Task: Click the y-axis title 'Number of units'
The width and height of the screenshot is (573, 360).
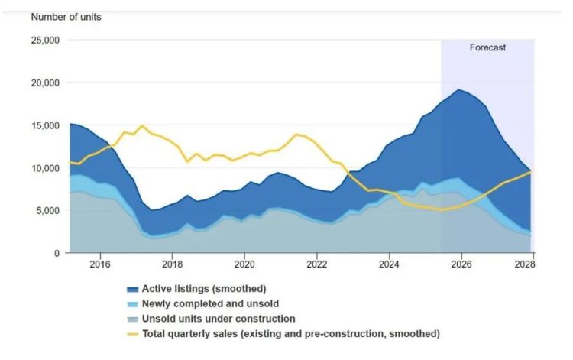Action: [x=66, y=17]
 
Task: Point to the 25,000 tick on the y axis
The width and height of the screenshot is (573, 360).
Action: [x=45, y=40]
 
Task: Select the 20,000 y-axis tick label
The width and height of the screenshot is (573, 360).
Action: [x=45, y=83]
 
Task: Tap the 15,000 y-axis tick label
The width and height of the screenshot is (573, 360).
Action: [x=45, y=125]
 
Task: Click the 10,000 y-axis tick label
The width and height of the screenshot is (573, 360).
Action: [x=45, y=168]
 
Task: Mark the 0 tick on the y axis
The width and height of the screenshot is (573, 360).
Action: [x=57, y=253]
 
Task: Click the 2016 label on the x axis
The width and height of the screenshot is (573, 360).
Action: [x=99, y=264]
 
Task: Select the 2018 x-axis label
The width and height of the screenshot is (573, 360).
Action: [x=172, y=264]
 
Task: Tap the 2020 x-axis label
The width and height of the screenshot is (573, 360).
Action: [x=244, y=264]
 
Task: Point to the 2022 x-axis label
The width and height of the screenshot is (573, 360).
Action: [x=317, y=264]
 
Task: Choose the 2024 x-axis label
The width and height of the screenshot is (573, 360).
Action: [x=389, y=264]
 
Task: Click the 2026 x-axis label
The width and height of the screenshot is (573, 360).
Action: [x=461, y=264]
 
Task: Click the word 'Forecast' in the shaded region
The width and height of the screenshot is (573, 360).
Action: [x=487, y=47]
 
